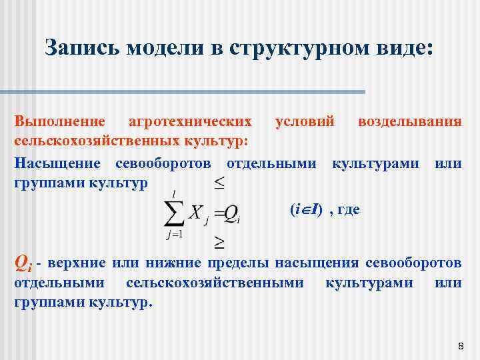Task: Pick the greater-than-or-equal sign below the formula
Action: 219,239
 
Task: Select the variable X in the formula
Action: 196,212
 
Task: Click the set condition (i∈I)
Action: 307,210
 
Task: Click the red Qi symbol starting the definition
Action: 23,263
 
